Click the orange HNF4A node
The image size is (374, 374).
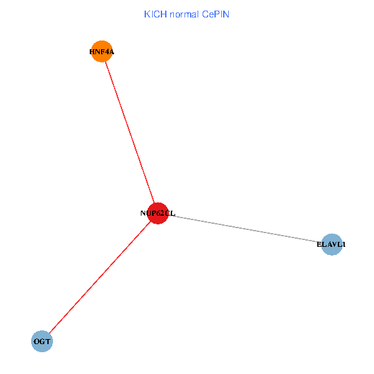(x=102, y=52)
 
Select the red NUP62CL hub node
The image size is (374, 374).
(x=158, y=213)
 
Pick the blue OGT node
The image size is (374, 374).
(x=42, y=342)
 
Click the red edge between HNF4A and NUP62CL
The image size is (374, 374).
(x=130, y=132)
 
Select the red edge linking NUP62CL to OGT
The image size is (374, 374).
(x=100, y=277)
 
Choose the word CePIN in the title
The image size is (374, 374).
(x=215, y=14)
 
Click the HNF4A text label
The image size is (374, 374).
(x=102, y=52)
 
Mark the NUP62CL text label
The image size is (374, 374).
(x=158, y=214)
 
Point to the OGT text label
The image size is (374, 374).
(x=42, y=342)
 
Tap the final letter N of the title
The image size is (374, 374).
(x=227, y=14)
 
